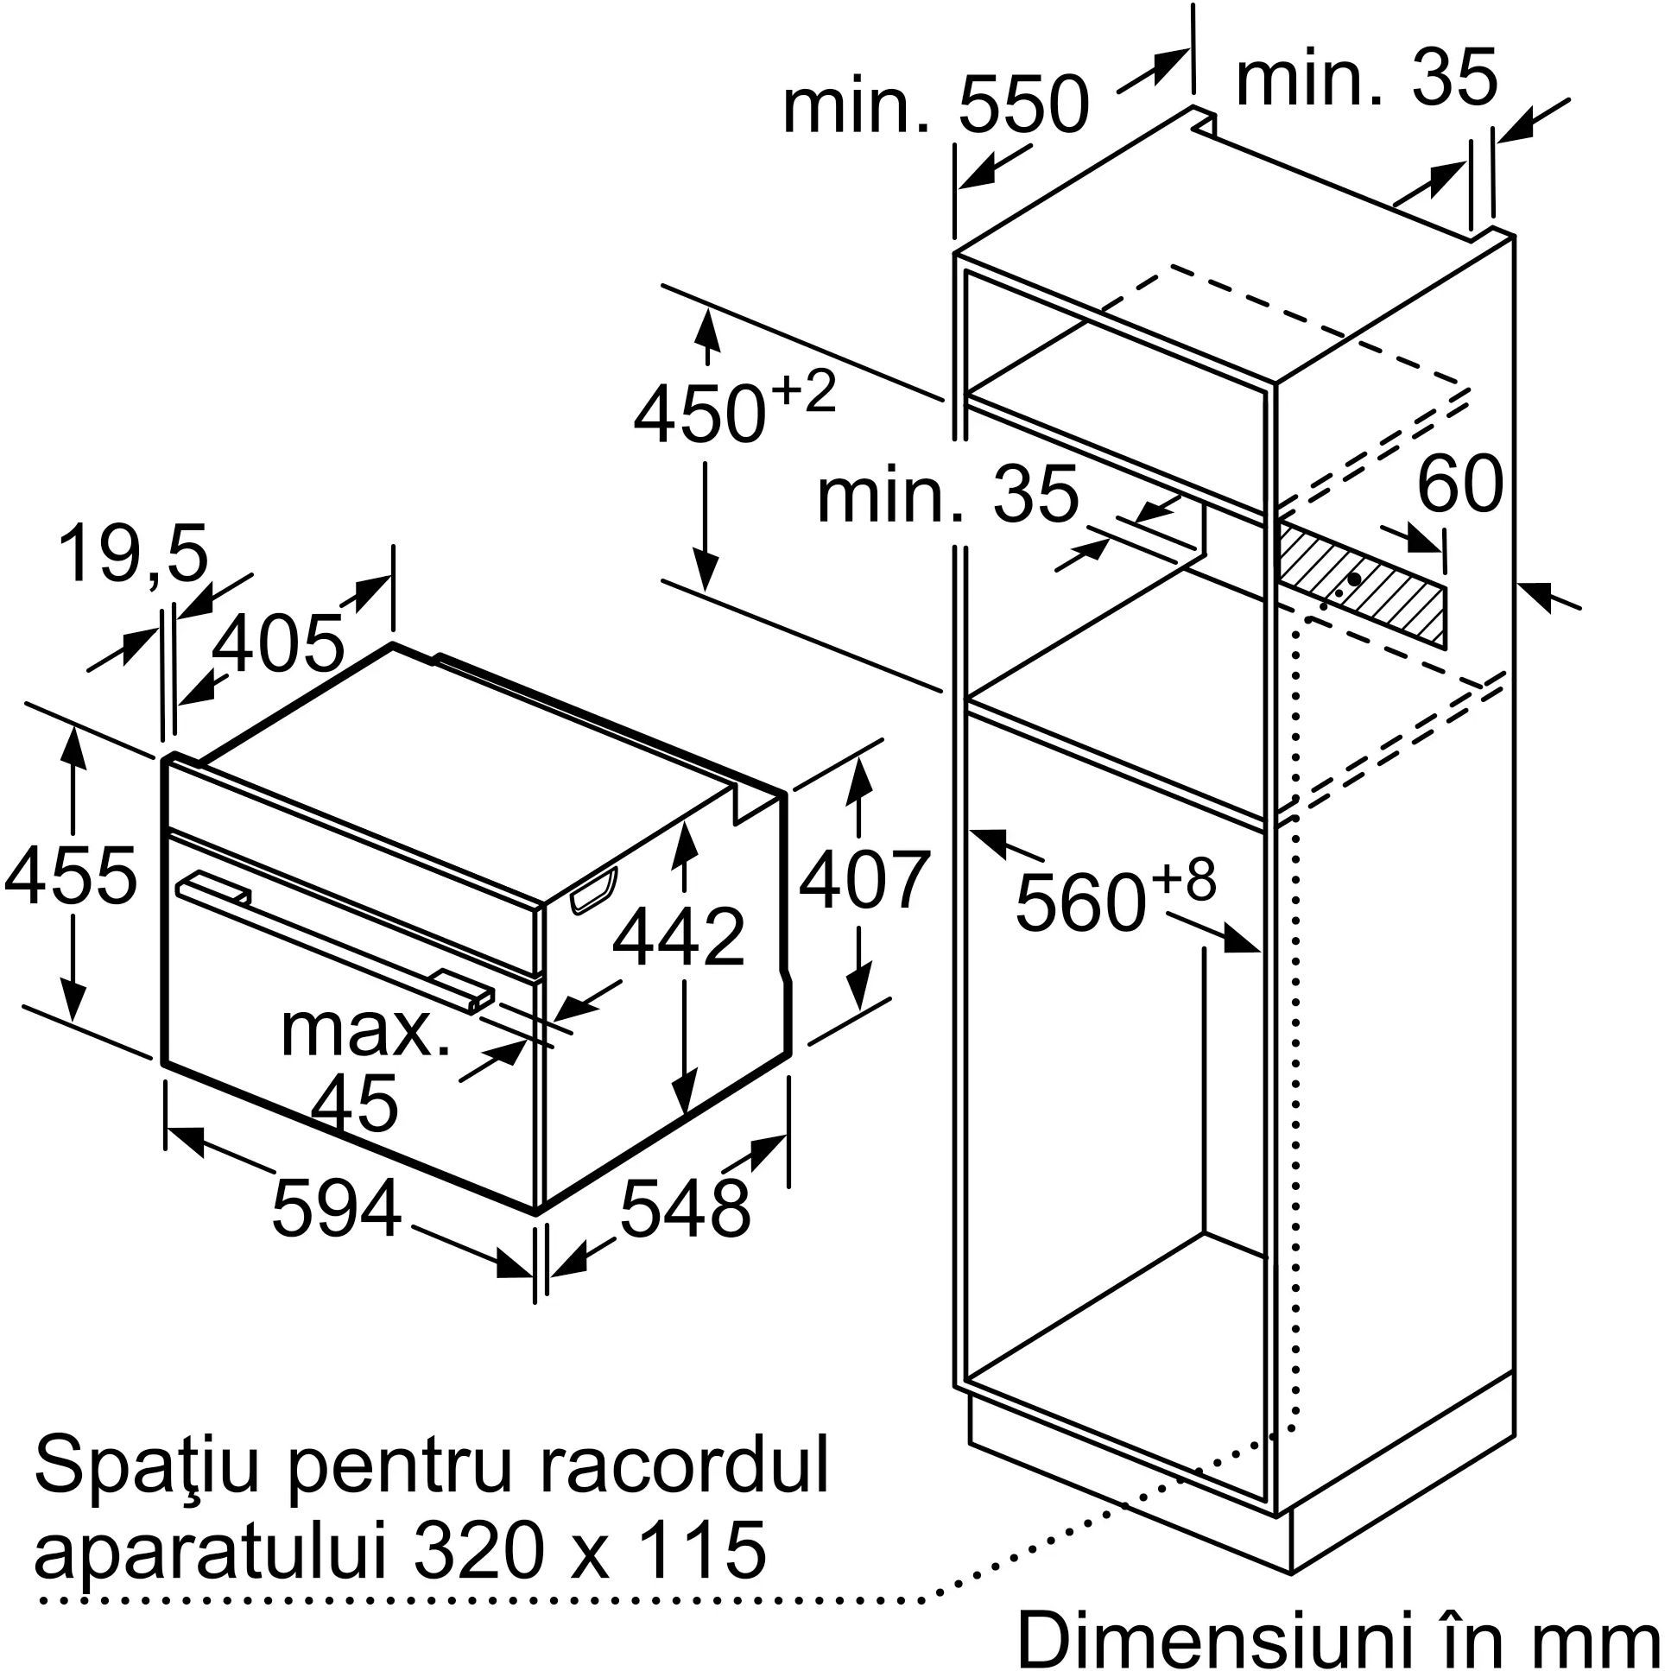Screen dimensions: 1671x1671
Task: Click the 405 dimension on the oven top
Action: [x=277, y=644]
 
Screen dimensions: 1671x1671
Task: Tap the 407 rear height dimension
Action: [x=864, y=881]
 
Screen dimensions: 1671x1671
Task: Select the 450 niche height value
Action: [x=700, y=415]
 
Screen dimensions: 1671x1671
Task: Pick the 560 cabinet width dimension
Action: [x=1080, y=903]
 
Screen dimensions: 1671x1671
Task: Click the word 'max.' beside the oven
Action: [x=365, y=1031]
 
